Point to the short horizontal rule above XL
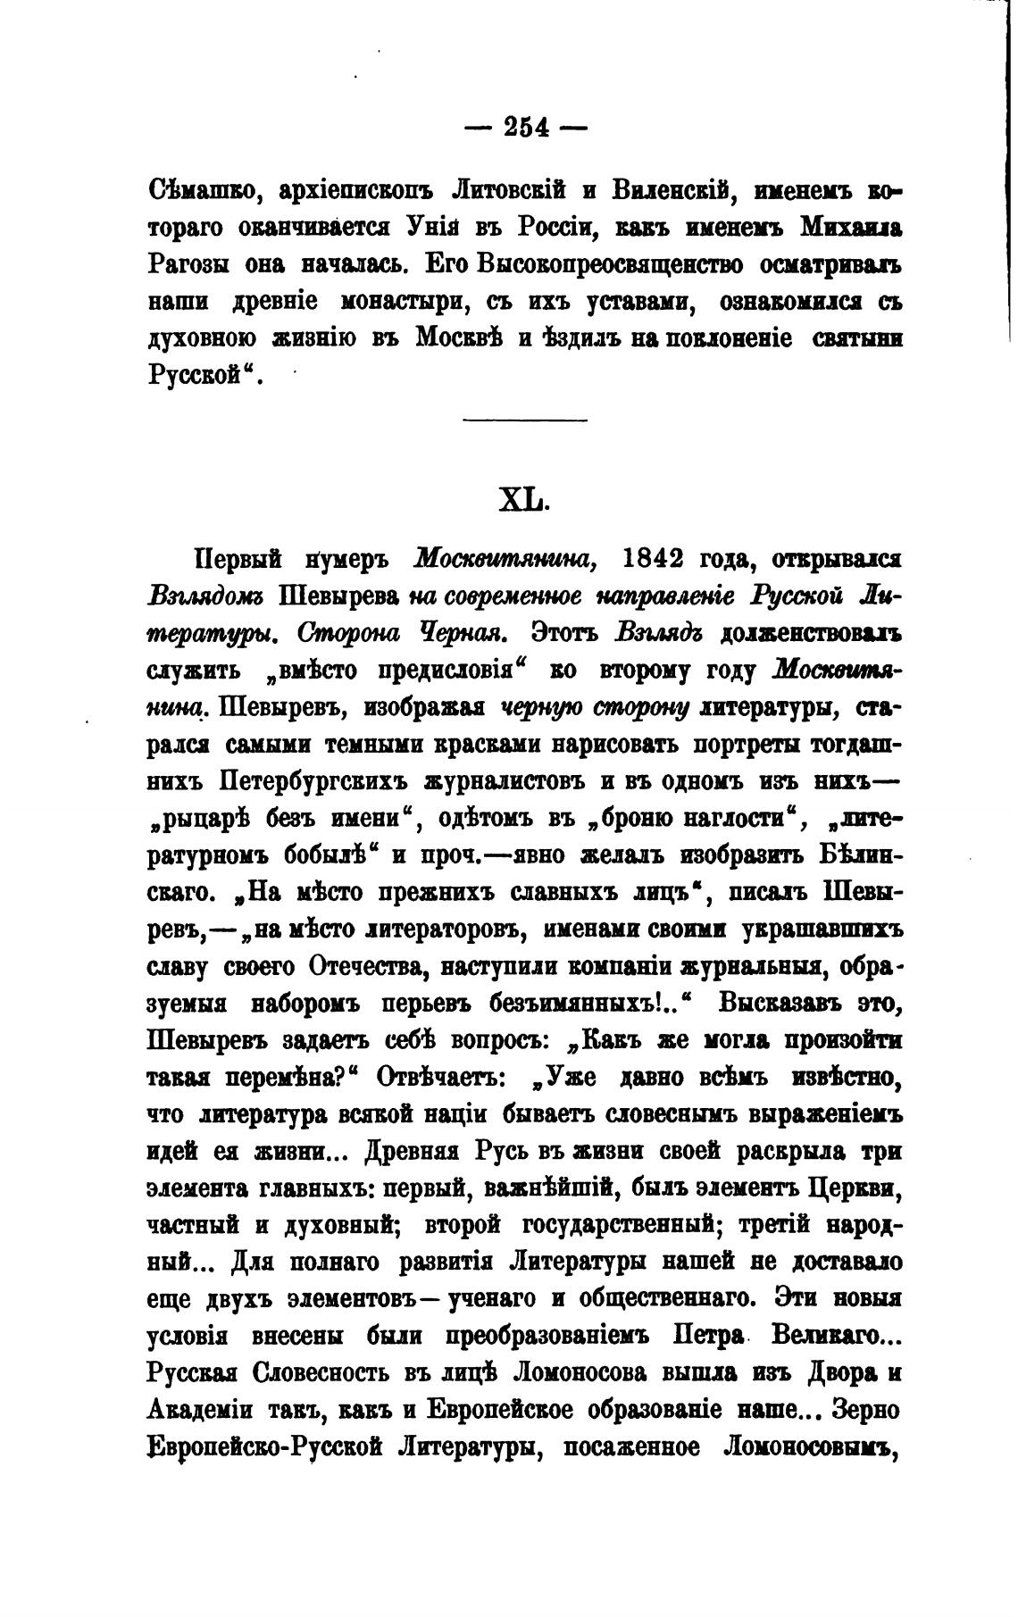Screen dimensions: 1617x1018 (526, 421)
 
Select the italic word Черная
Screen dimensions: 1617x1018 (464, 633)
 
